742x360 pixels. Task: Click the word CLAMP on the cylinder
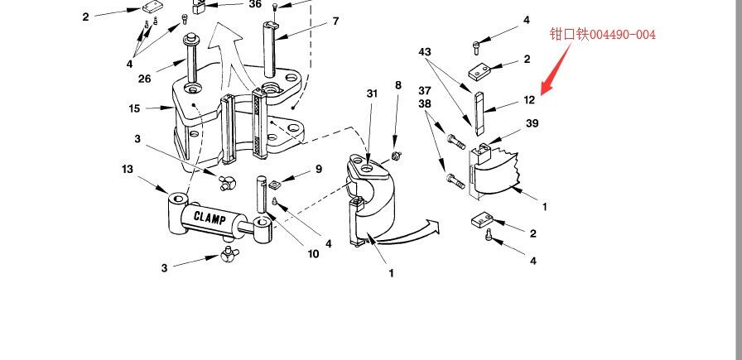[x=210, y=218]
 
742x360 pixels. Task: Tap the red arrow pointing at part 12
[x=556, y=69]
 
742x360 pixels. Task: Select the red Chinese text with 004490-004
[x=602, y=34]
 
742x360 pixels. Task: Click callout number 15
[x=134, y=108]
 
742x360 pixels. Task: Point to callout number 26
[x=145, y=79]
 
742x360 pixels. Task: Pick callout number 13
[x=128, y=169]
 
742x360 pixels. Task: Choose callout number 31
[x=373, y=94]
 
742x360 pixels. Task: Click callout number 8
[x=398, y=85]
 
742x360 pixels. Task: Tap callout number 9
[x=319, y=169]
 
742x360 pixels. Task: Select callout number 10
[x=313, y=254]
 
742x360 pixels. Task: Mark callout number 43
[x=425, y=51]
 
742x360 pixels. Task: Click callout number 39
[x=532, y=123]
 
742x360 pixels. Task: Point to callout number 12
[x=529, y=100]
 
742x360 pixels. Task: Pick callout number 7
[x=335, y=22]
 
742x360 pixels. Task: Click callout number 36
[x=255, y=4]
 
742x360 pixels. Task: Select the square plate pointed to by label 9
[x=276, y=184]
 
